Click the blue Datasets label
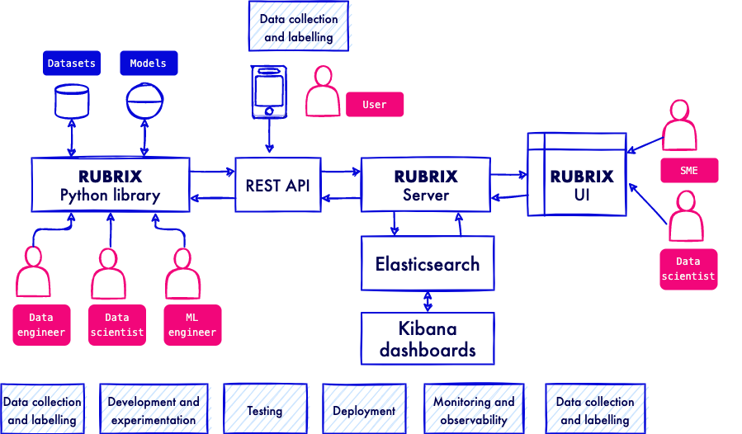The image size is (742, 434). (x=71, y=64)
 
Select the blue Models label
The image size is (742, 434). (x=149, y=64)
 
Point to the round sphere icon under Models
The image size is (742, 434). (x=145, y=101)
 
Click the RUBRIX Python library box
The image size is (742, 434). (x=110, y=186)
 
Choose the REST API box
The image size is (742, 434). (x=277, y=186)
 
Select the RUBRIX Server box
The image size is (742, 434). (x=425, y=186)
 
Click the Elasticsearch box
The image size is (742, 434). (x=427, y=264)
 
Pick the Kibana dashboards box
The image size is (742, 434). (x=427, y=338)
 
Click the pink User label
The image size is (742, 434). (x=375, y=105)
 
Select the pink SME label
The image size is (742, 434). (x=689, y=171)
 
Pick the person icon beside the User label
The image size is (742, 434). (x=323, y=91)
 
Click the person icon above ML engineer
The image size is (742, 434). (x=182, y=274)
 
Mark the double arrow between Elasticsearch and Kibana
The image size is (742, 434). (x=427, y=301)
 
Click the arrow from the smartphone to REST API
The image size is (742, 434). (x=269, y=137)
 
